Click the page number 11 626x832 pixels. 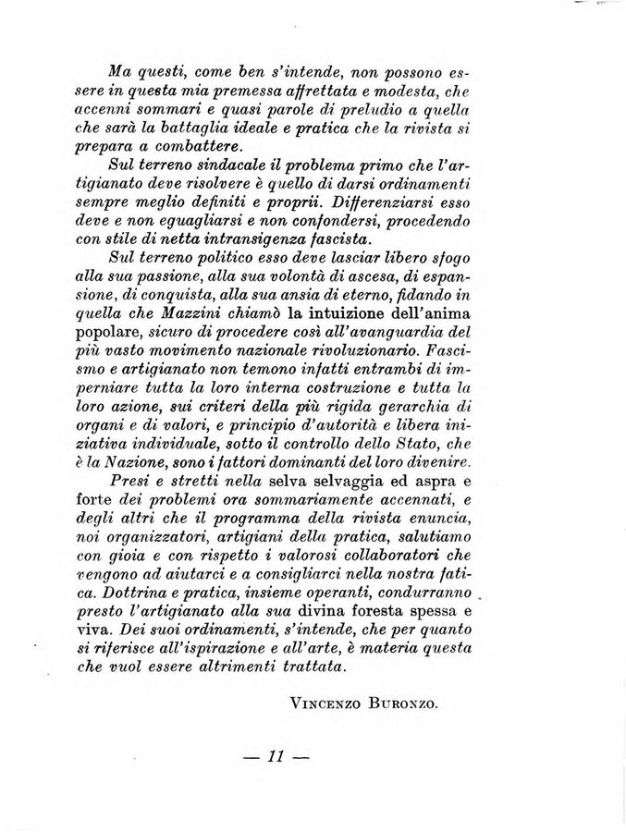pyautogui.click(x=276, y=757)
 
